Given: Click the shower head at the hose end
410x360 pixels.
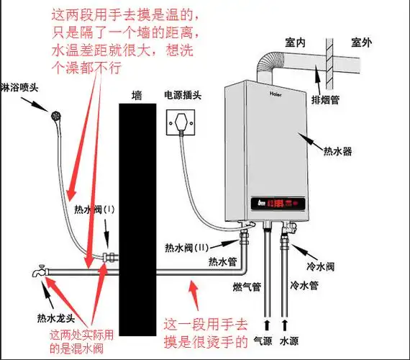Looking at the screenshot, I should click(x=53, y=113).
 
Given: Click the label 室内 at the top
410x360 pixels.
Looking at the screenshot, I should click(x=296, y=44).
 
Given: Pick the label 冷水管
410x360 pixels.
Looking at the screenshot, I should click(x=304, y=287).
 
